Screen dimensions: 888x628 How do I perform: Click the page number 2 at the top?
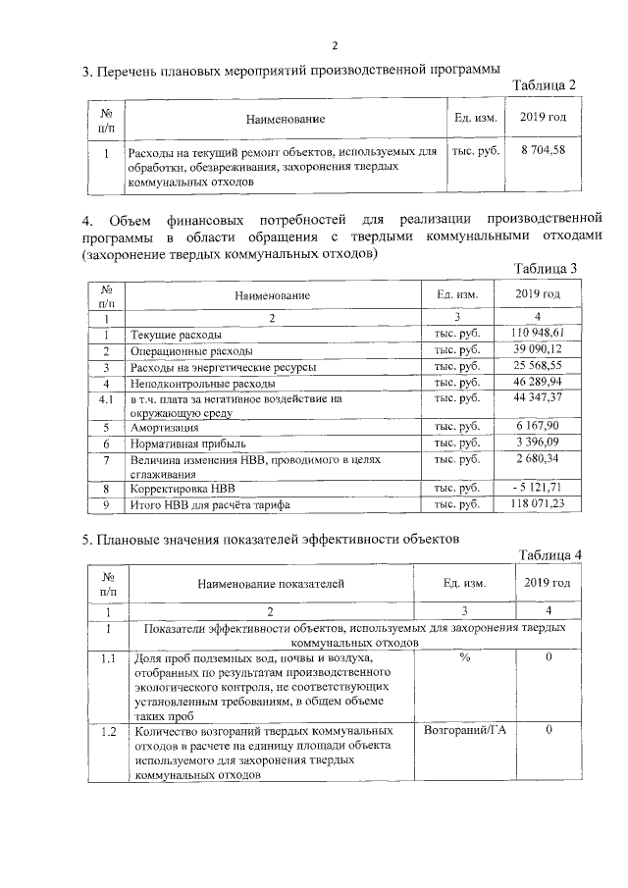pyautogui.click(x=334, y=45)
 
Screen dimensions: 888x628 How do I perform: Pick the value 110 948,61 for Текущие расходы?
pyautogui.click(x=538, y=335)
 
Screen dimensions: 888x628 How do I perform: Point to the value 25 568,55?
pyautogui.click(x=538, y=366)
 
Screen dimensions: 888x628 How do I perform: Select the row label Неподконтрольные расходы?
pyautogui.click(x=202, y=383)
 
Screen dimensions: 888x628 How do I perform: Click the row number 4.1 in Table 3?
pyautogui.click(x=105, y=398)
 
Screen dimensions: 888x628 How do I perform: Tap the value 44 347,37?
pyautogui.click(x=538, y=398)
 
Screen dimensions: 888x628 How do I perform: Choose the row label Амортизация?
pyautogui.click(x=164, y=429)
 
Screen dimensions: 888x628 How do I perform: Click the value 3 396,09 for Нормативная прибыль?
pyautogui.click(x=538, y=444)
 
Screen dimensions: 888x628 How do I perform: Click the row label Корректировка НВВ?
pyautogui.click(x=183, y=488)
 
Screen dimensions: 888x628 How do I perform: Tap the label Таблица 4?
pyautogui.click(x=549, y=556)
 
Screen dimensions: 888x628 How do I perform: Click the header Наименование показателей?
pyautogui.click(x=271, y=584)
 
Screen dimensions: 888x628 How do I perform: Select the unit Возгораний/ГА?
pyautogui.click(x=465, y=732)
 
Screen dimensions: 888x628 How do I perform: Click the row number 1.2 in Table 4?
pyautogui.click(x=109, y=732)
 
